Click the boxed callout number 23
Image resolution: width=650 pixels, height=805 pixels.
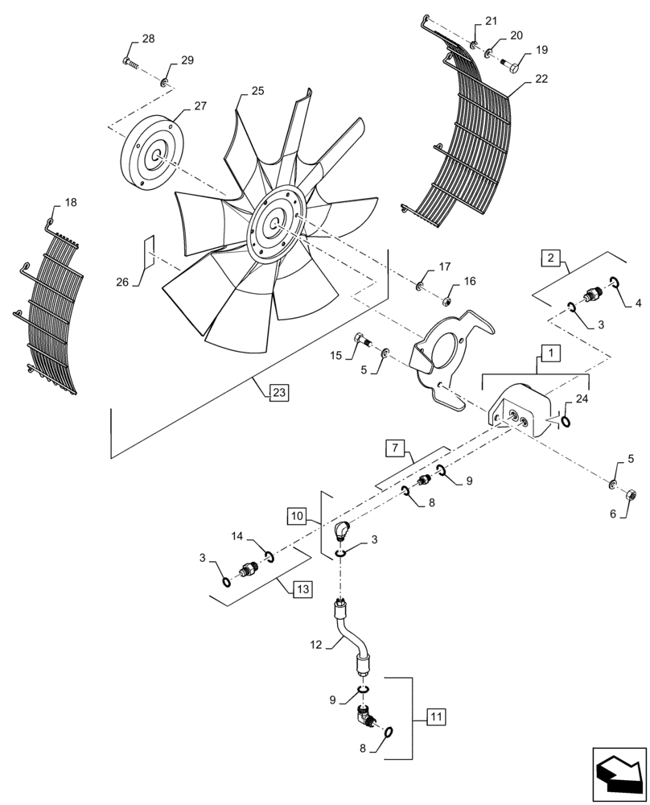pos(278,392)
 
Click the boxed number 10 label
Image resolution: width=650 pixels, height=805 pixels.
pos(297,514)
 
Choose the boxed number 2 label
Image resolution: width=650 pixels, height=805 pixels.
pos(550,258)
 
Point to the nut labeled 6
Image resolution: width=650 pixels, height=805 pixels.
pos(631,493)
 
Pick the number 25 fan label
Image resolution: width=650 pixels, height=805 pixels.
pos(257,91)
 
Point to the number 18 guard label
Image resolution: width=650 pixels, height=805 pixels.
pos(71,203)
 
